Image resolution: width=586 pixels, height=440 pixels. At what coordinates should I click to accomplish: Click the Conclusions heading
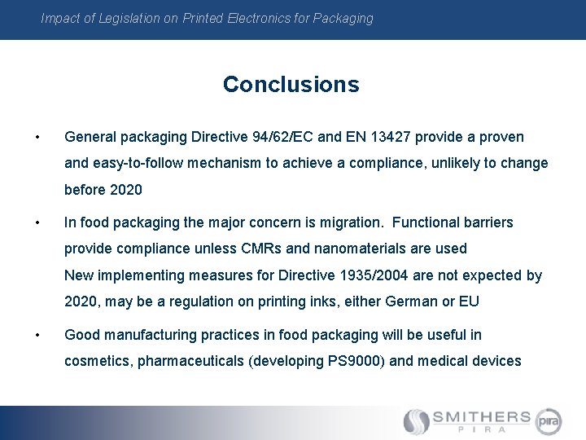tap(291, 84)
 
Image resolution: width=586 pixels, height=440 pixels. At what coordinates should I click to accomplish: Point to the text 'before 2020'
tap(103, 190)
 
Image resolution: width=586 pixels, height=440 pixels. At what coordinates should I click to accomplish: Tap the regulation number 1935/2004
tap(372, 275)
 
